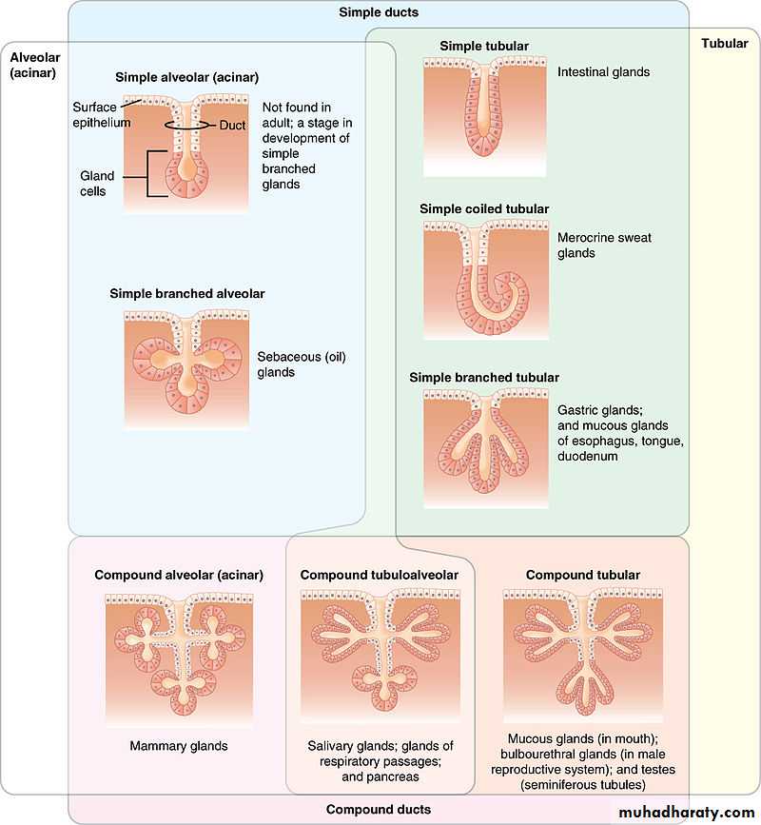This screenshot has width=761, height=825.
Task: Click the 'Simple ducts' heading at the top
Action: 379,12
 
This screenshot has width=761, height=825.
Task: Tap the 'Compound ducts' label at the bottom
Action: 379,810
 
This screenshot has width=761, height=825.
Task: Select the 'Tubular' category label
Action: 724,44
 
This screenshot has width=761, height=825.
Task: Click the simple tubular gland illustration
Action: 485,116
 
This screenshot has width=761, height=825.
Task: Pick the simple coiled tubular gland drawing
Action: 485,277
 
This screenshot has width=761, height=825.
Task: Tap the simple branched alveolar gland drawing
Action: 185,366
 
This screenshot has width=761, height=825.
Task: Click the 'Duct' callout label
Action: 233,125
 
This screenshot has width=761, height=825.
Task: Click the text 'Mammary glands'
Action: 179,745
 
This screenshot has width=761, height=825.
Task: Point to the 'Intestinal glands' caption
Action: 603,71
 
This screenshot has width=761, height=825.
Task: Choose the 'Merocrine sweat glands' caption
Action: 604,246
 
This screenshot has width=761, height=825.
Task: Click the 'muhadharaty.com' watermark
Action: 686,812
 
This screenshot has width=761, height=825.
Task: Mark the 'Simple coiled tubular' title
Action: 484,208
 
